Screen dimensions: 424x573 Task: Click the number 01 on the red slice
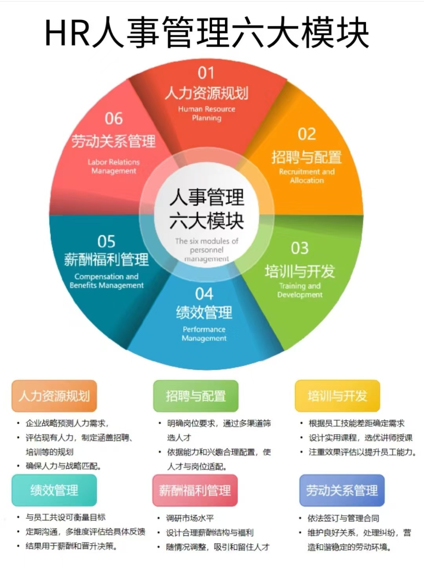pos(206,73)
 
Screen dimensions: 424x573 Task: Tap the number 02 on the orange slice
pos(307,134)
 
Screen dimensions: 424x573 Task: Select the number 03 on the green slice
pos(300,248)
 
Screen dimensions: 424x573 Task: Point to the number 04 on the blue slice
pos(204,294)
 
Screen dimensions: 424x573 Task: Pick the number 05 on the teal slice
pos(106,241)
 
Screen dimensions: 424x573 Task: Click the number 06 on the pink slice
pos(113,119)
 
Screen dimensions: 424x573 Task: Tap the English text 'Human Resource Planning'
pos(207,114)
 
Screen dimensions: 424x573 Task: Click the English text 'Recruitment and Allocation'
pos(307,176)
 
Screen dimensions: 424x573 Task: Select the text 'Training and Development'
pos(300,290)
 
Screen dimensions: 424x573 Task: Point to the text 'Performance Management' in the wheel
pos(204,334)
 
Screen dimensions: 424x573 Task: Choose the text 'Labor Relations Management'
pos(113,167)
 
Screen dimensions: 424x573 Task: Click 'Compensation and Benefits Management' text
pos(106,281)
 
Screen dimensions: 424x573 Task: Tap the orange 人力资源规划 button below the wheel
pos(54,396)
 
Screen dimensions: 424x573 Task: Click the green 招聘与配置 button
pos(196,396)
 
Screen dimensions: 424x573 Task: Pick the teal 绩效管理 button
pos(54,490)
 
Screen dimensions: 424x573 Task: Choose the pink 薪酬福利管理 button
pos(195,490)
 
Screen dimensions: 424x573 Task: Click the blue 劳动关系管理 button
pos(342,490)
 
